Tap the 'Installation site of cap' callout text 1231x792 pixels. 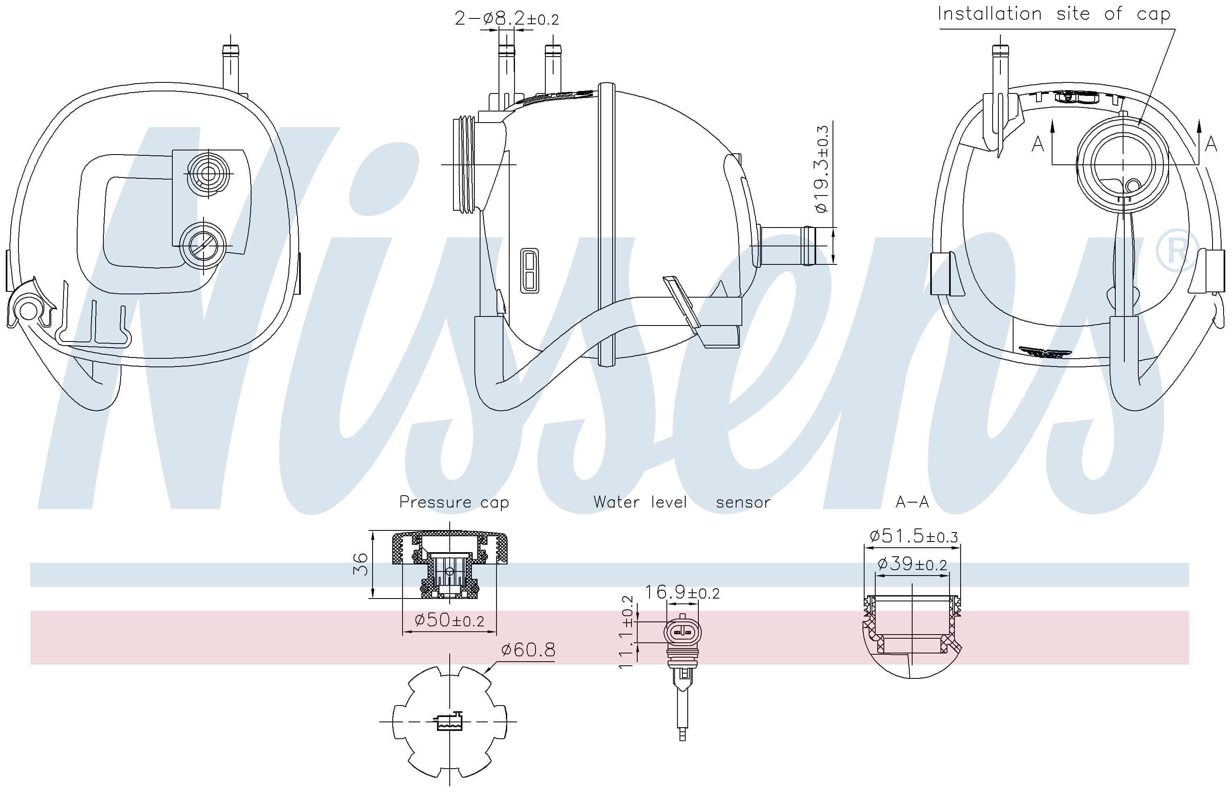pyautogui.click(x=1053, y=14)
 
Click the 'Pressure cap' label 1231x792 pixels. pyautogui.click(x=454, y=502)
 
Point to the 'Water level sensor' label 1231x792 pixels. pyautogui.click(x=682, y=502)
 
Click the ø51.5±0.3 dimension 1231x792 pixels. pyautogui.click(x=913, y=536)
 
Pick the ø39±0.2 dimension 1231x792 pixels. pyautogui.click(x=912, y=564)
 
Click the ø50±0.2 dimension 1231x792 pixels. pyautogui.click(x=449, y=620)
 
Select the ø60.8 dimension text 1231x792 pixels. pyautogui.click(x=528, y=650)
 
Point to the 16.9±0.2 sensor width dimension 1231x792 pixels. pyautogui.click(x=682, y=592)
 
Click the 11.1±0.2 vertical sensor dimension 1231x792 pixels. pyautogui.click(x=626, y=632)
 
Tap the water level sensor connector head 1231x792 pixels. pyautogui.click(x=683, y=632)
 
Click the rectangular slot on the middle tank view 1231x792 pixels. pyautogui.click(x=530, y=271)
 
